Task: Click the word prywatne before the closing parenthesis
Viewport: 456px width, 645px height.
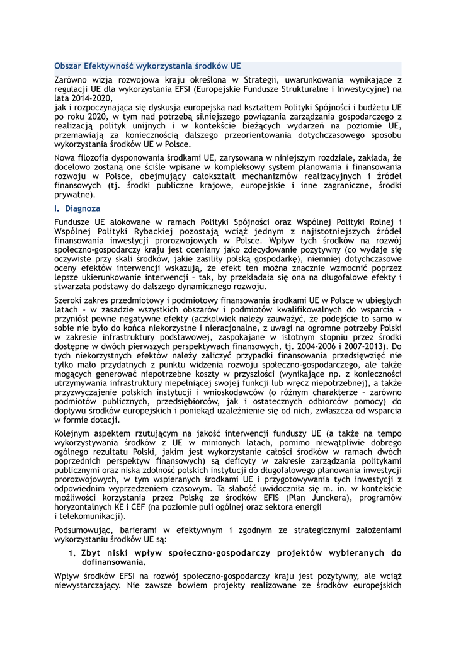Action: pos(74,195)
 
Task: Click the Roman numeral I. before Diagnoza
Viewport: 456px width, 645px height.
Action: pos(57,208)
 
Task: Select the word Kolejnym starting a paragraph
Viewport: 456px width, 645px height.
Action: pos(74,434)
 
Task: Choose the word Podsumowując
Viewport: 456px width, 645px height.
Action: pos(84,530)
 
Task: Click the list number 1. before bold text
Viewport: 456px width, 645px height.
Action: pos(72,553)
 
